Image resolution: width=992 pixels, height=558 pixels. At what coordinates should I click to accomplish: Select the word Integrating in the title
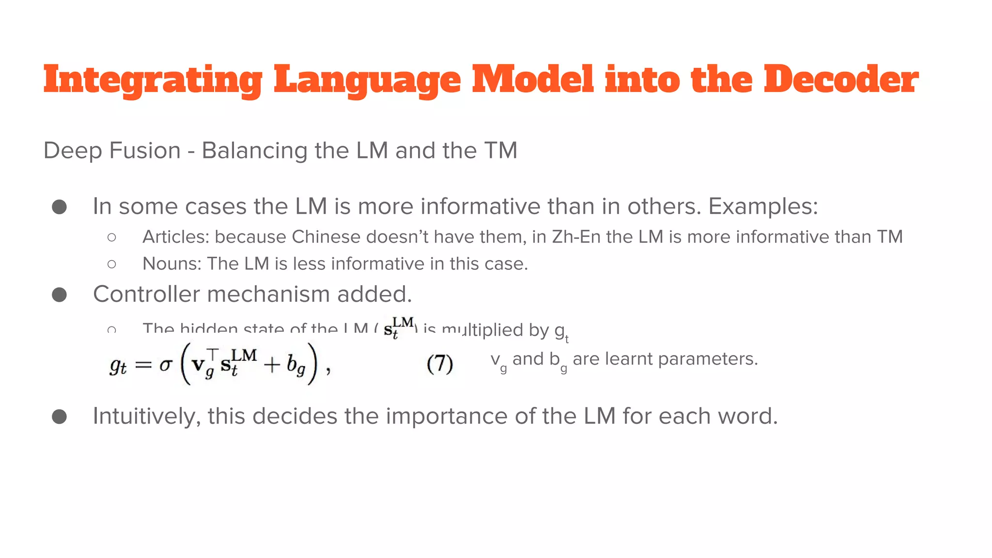[153, 80]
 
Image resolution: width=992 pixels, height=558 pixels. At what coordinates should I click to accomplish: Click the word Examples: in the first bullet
[763, 207]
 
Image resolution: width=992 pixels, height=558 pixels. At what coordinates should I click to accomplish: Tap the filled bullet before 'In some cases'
[59, 207]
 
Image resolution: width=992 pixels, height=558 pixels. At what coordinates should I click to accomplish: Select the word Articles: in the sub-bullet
[175, 237]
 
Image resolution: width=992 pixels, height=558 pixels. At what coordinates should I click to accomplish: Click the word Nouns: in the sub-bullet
[171, 263]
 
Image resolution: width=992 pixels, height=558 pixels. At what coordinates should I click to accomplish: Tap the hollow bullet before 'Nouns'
[112, 264]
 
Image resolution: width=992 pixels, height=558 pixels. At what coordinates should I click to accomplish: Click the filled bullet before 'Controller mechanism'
[59, 294]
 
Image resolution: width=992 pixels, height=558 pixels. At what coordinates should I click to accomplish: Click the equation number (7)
[440, 364]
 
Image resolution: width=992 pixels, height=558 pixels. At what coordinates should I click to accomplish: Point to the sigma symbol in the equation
[165, 364]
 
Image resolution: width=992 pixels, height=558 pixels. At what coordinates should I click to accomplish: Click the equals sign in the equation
[143, 365]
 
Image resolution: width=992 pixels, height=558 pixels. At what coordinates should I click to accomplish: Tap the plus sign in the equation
[272, 365]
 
